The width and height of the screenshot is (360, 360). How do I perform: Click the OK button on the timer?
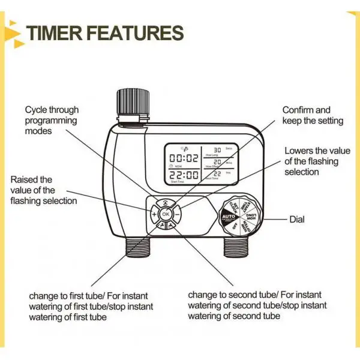point(166,214)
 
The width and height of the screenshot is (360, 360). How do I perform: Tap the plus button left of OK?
point(154,214)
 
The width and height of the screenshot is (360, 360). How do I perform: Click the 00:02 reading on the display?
point(184,158)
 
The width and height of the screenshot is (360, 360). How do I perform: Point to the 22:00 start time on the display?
point(184,175)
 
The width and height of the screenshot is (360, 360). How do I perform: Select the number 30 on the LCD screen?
point(218,149)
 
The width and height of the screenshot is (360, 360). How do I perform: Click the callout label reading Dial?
point(297,220)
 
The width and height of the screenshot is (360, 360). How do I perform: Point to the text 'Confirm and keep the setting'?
point(313,115)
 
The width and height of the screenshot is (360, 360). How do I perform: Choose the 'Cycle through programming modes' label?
point(51,121)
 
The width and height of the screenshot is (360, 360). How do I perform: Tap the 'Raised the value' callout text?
point(43,190)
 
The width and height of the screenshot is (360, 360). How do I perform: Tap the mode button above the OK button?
point(166,203)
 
